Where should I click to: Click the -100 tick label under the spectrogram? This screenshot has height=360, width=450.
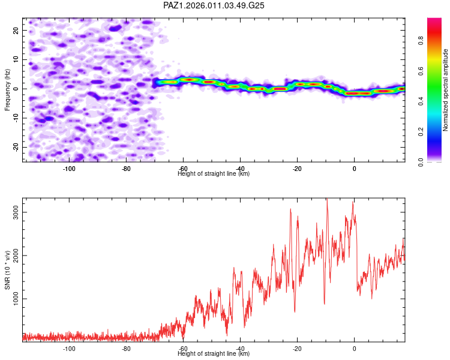coord(69,169)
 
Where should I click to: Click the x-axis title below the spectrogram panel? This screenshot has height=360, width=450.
coord(214,174)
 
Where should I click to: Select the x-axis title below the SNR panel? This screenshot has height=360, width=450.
coord(214,354)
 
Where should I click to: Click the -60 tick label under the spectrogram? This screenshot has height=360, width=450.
coord(183,169)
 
